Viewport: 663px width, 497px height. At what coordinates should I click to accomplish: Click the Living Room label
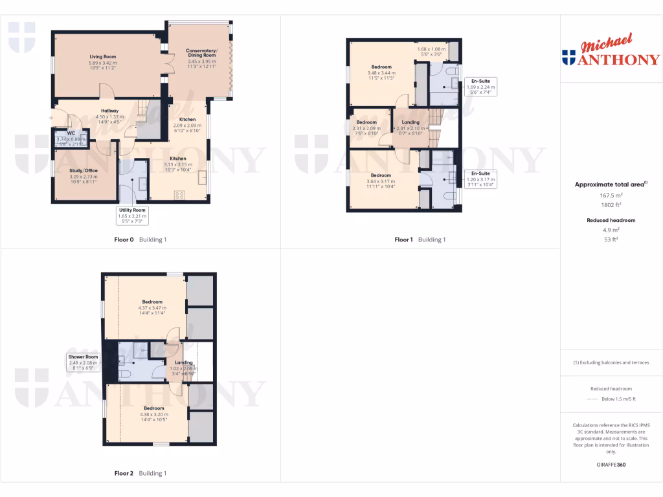coord(107,57)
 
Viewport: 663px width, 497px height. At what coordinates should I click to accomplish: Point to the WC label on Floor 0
coord(71,133)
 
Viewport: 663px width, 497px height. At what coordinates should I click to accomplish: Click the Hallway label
coord(109,111)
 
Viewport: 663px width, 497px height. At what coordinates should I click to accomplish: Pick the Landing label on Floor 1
coord(410,122)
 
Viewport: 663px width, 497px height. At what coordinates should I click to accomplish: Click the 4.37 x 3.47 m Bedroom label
coord(152,302)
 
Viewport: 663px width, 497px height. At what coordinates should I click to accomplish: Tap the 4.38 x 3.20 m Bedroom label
coord(153,408)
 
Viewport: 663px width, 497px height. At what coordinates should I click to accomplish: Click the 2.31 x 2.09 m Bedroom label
coord(366,122)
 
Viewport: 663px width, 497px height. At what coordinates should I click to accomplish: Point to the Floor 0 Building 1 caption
coord(140,239)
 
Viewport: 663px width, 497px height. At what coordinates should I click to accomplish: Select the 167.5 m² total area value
coord(611,195)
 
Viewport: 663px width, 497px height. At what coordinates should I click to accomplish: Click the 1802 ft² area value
coord(611,204)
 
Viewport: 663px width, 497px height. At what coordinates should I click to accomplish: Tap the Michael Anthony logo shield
coord(569,58)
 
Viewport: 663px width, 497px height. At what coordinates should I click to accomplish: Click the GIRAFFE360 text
coord(611,465)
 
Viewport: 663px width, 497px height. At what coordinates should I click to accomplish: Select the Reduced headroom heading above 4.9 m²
coord(611,220)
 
